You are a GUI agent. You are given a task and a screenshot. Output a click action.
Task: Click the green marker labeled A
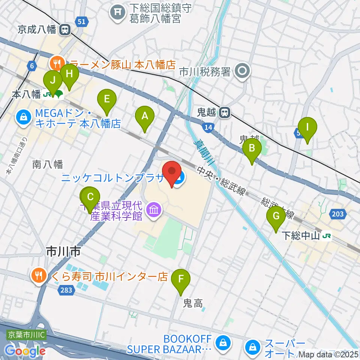[145, 116]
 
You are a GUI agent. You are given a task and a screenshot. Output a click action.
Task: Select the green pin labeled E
[107, 100]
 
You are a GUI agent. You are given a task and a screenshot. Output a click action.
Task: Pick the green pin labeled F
[181, 279]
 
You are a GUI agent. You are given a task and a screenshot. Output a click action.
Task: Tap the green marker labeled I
[307, 127]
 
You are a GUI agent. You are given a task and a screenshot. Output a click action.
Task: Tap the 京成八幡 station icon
[66, 29]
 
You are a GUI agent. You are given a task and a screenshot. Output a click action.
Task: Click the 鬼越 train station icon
[225, 112]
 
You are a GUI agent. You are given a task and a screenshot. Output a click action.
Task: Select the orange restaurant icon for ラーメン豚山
[57, 63]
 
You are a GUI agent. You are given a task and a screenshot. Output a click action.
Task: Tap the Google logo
[25, 351]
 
